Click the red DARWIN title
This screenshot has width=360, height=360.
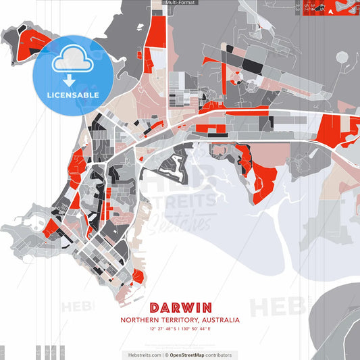[180, 307]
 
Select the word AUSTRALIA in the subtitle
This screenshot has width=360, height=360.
[217, 319]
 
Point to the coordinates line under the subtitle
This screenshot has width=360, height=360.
[180, 329]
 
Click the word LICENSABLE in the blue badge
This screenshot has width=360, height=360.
[73, 95]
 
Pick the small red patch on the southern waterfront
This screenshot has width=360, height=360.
[138, 276]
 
